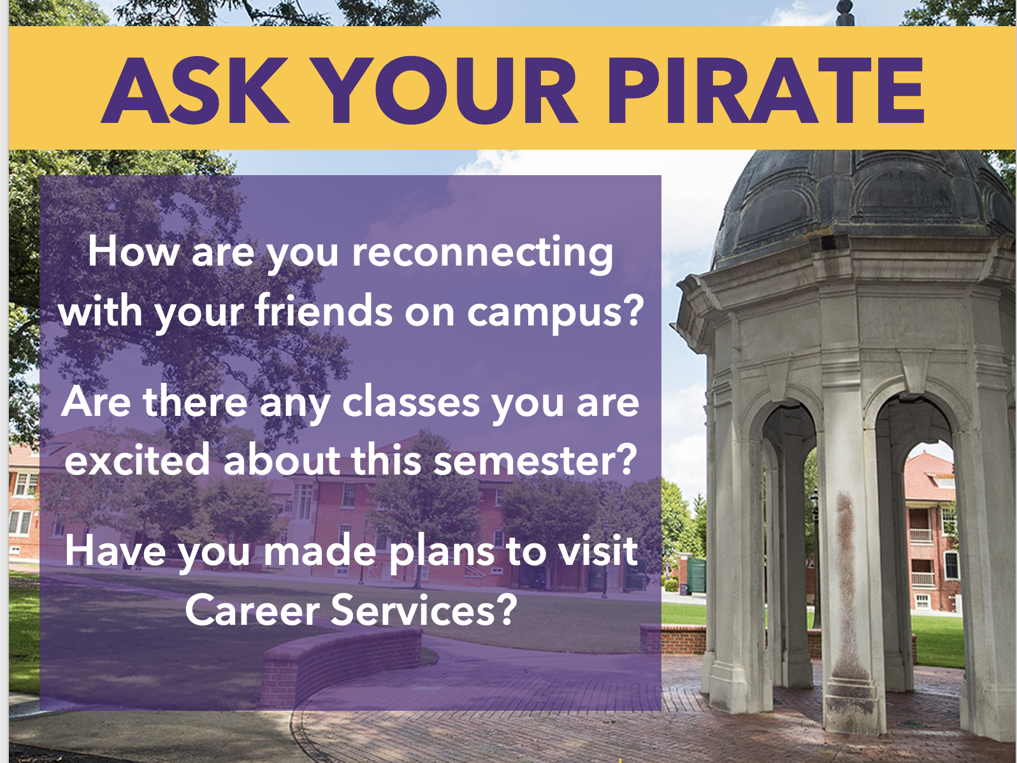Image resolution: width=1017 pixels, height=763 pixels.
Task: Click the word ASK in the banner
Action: point(195,90)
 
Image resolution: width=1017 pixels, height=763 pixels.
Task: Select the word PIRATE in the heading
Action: point(765,90)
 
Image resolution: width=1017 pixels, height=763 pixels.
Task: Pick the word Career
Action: point(252,610)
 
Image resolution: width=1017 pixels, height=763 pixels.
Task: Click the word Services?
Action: point(424,610)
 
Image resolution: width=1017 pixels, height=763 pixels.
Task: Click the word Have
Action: point(115,550)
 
